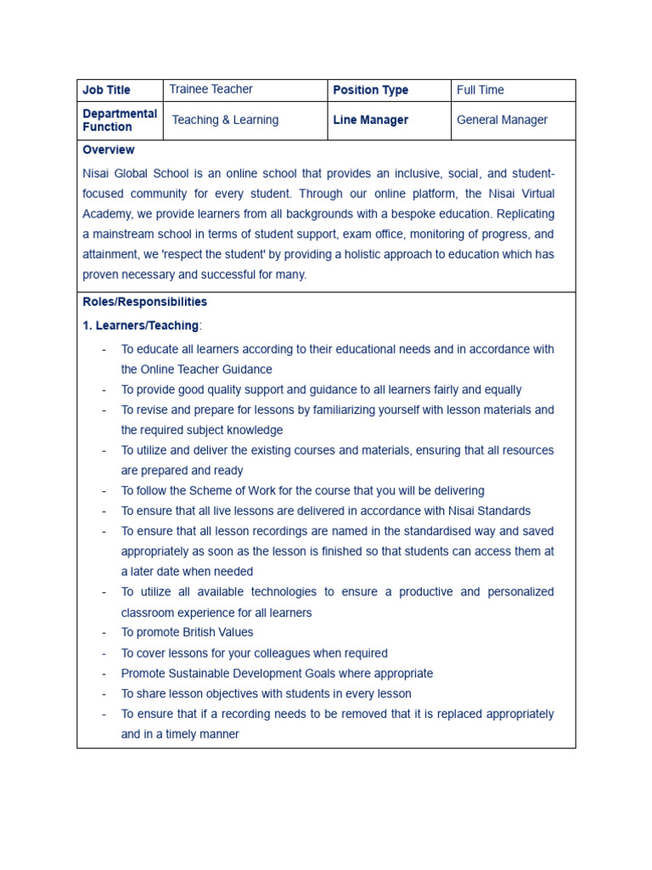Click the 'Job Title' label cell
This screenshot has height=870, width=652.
(107, 90)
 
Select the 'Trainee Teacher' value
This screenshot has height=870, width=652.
(211, 89)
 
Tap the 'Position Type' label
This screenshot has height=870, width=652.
(370, 90)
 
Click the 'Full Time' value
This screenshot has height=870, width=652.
(480, 90)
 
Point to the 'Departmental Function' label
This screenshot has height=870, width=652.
(120, 120)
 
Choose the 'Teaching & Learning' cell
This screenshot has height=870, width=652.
(225, 120)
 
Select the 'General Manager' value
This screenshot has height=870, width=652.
(502, 120)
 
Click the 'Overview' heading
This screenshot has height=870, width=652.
(108, 150)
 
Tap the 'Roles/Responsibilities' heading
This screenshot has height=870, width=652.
(144, 302)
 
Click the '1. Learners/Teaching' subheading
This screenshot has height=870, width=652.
(141, 325)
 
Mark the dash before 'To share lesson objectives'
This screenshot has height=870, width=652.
(104, 694)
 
